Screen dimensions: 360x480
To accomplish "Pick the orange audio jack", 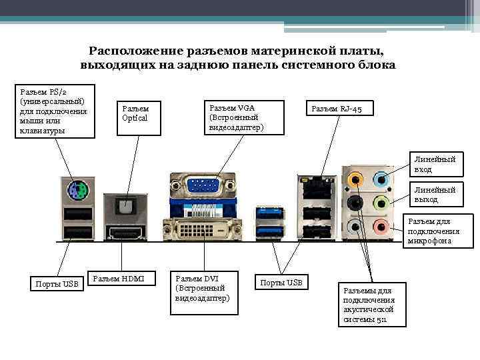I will coord(356,179).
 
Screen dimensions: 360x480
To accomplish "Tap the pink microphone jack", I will coord(381,227).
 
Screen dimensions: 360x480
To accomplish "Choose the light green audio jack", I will coord(381,203).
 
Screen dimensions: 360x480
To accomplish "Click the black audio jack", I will coord(356,203).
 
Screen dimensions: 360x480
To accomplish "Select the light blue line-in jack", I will coord(381,179).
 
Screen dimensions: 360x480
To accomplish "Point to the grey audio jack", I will coord(356,227).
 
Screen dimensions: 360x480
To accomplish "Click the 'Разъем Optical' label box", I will coord(139,113).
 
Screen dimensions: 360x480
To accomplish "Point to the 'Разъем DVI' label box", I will coord(203,287).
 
